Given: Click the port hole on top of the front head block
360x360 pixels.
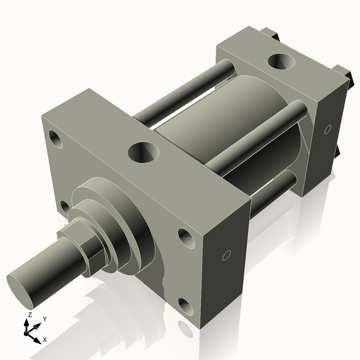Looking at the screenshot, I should pyautogui.click(x=142, y=152).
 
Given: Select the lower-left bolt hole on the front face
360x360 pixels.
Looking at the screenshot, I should pyautogui.click(x=64, y=207).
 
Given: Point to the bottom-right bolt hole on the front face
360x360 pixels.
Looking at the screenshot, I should pyautogui.click(x=186, y=308).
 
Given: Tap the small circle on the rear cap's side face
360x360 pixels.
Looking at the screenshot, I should pyautogui.click(x=327, y=129).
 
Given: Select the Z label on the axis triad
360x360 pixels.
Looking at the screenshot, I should pyautogui.click(x=30, y=315).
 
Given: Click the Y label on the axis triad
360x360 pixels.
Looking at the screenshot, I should pyautogui.click(x=45, y=319).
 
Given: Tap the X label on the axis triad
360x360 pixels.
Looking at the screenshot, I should pyautogui.click(x=44, y=340).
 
